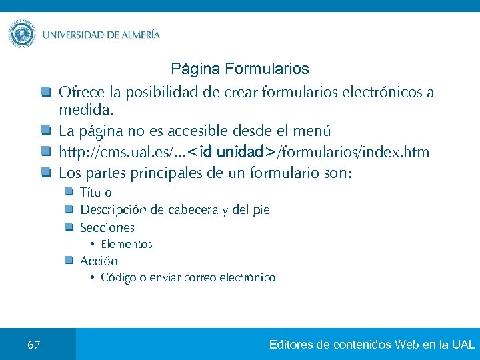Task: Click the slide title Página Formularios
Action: coord(240,69)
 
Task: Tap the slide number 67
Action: coord(34,345)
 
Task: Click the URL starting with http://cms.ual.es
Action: coord(244,153)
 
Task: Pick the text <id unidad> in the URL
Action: coord(232,153)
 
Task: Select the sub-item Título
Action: coord(96,193)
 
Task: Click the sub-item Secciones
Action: coord(107,227)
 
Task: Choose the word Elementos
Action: coord(127,245)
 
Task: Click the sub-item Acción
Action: coord(99,261)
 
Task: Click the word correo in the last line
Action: coord(199,278)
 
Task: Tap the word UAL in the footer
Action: coord(463,345)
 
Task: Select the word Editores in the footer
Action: coord(292,345)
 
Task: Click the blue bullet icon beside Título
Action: coord(69,193)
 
